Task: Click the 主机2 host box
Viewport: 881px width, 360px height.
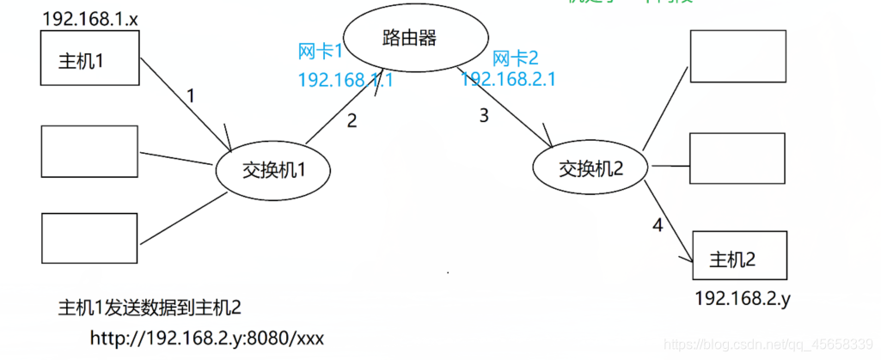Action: (x=739, y=255)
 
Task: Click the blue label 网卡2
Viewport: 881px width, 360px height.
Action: (x=515, y=58)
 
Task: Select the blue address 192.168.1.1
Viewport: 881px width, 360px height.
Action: (x=345, y=80)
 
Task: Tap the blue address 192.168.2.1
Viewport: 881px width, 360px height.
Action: (x=508, y=79)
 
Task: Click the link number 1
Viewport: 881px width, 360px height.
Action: (x=191, y=95)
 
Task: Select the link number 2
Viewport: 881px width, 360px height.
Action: (x=352, y=121)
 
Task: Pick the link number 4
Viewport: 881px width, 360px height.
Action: (x=657, y=227)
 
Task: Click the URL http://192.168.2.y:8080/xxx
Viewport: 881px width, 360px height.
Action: (x=206, y=338)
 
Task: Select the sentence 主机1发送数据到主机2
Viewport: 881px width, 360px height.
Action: (x=149, y=308)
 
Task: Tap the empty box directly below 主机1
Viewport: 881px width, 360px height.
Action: (x=89, y=151)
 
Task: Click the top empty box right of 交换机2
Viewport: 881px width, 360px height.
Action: (x=737, y=56)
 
